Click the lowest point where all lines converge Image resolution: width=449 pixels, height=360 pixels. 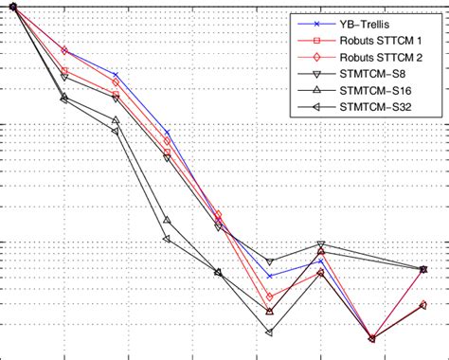372,338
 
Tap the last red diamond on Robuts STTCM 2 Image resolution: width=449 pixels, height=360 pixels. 423,304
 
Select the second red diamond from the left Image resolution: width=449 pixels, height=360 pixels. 64,50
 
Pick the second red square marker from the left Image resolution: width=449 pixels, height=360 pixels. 64,71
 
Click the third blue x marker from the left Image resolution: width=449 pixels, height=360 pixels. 116,74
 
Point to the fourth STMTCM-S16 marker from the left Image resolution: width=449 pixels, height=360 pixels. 167,220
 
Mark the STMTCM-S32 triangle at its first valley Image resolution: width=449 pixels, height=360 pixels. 270,333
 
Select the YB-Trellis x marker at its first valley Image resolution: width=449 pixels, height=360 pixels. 270,277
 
